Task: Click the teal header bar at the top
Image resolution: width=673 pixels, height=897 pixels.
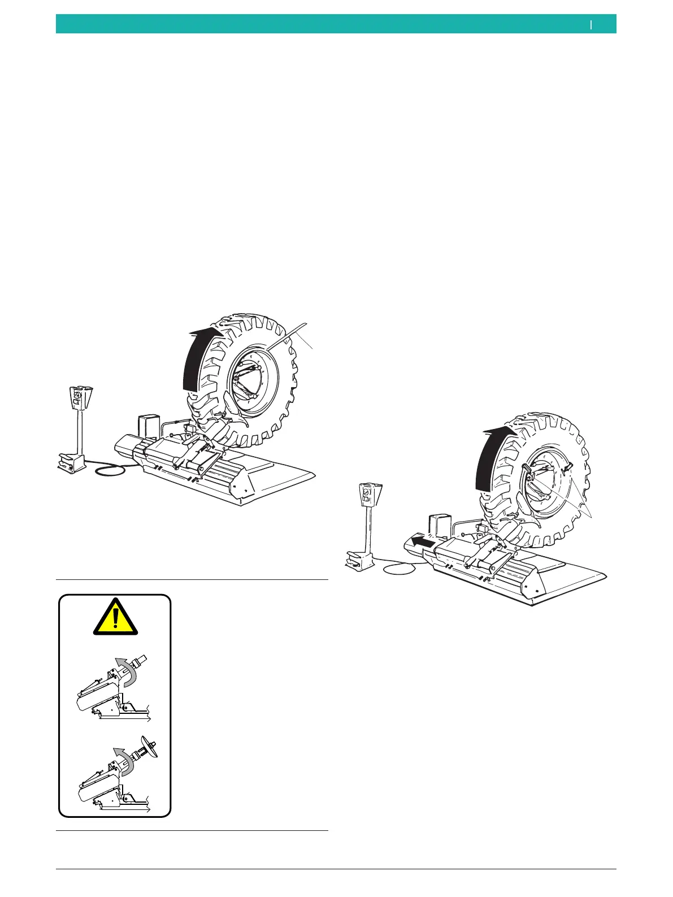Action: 336,24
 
